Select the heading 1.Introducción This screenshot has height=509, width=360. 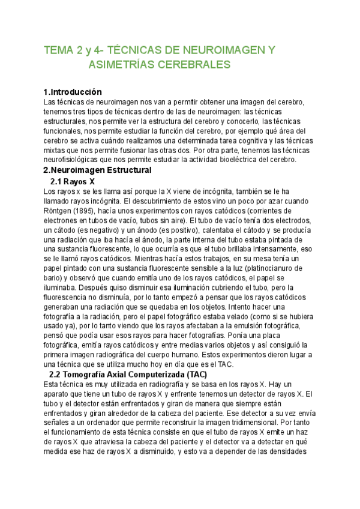73,92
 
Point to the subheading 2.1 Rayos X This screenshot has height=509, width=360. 73,181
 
